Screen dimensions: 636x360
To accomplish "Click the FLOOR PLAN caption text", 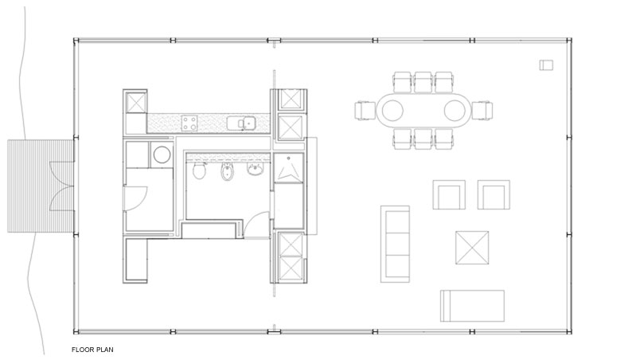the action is pos(92,350).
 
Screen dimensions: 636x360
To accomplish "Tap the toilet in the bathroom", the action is pos(199,170).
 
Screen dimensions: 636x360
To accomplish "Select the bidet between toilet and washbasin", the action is pos(226,172).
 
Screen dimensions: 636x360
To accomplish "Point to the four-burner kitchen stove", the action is pos(189,123).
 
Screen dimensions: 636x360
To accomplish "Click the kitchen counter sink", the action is pos(240,123).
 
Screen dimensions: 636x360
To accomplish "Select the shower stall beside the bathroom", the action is pos(288,167).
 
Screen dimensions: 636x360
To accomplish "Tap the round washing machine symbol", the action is pos(162,155).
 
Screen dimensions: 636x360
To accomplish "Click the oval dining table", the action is pos(423,111).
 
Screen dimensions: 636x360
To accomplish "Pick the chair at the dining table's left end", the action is pos(365,111).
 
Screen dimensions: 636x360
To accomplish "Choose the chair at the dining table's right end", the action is pos(482,111).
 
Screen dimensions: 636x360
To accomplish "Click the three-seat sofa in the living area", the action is pos(395,244).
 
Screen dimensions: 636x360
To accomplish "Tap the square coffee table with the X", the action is pos(472,248).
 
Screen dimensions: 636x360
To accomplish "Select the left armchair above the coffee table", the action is pos(449,195).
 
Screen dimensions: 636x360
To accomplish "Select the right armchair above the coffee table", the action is pos(494,195).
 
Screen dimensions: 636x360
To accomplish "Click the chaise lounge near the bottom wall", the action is pos(473,306).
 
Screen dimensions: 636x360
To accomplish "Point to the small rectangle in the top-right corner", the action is pos(546,65).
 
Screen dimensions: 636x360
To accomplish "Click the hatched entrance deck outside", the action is pos(41,186).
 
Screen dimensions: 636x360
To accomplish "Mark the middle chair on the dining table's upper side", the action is pos(423,82).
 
